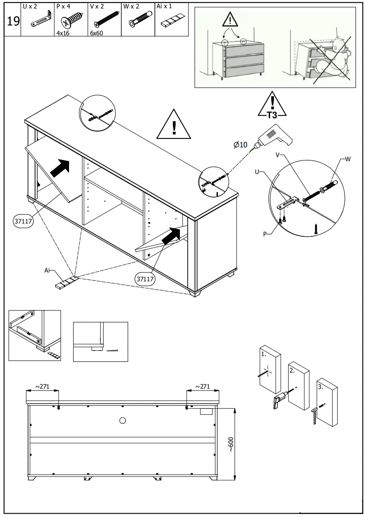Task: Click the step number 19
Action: click(x=13, y=21)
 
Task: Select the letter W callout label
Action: click(x=348, y=160)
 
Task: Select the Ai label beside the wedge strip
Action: click(x=47, y=270)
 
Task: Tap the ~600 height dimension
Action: click(x=231, y=444)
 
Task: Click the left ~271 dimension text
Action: click(x=42, y=386)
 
